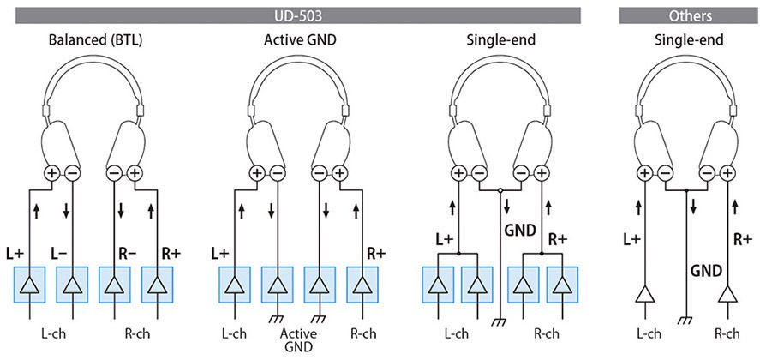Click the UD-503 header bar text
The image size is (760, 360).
[x=292, y=15]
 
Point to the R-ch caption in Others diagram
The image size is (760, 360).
[x=727, y=333]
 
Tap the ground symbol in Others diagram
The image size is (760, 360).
[x=685, y=322]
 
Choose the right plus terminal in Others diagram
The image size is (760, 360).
[x=727, y=174]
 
